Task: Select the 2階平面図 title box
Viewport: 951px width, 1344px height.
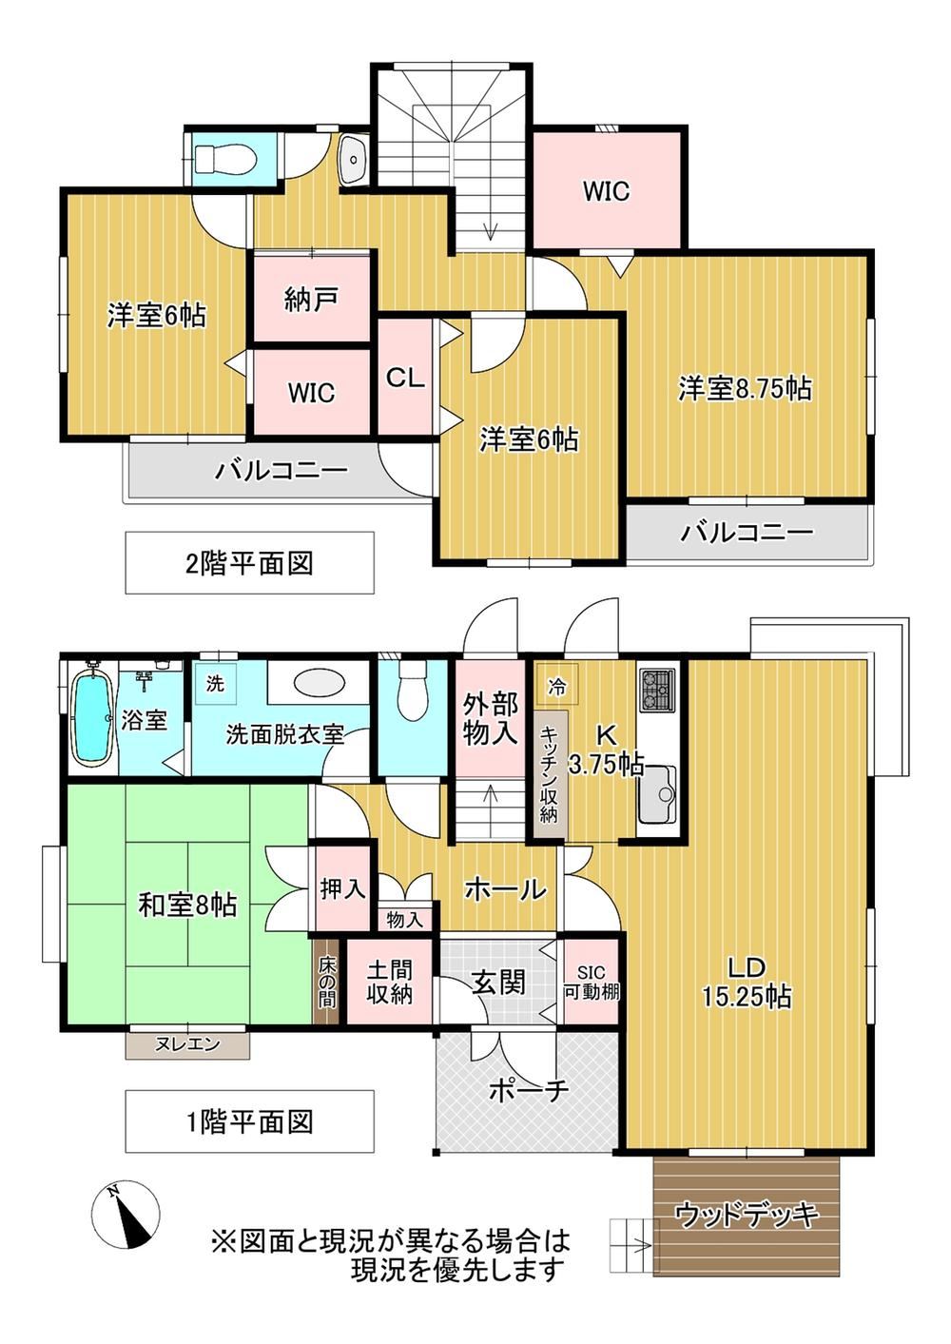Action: point(249,563)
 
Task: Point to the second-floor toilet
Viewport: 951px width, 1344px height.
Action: point(226,160)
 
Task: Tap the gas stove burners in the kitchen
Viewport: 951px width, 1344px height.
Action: point(657,690)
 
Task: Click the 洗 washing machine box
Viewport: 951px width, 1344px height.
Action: point(214,683)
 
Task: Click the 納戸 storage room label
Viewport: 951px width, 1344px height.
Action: point(311,299)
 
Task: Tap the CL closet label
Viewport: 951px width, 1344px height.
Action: point(405,378)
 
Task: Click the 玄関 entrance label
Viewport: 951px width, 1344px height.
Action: point(498,983)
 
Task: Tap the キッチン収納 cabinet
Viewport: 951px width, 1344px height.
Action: point(551,774)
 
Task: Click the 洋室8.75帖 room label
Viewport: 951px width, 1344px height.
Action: point(746,388)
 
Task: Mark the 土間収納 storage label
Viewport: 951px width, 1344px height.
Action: point(389,982)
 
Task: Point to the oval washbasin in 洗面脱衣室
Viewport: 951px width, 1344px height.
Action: point(319,683)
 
